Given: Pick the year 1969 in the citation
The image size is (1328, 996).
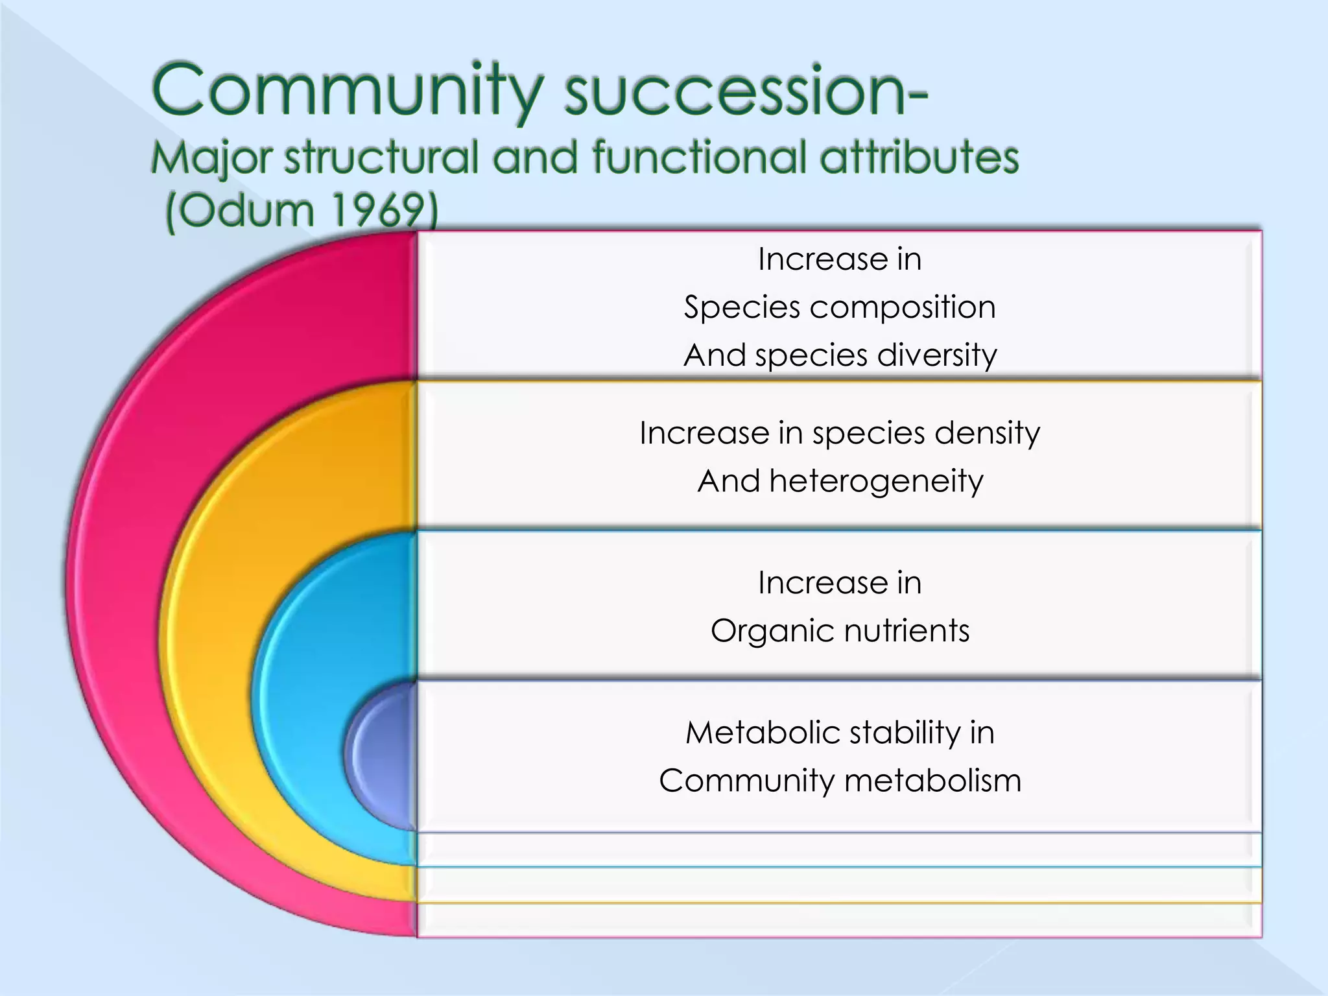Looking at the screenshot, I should pyautogui.click(x=383, y=211).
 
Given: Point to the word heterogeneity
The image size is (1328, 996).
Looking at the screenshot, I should pyautogui.click(x=876, y=482).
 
